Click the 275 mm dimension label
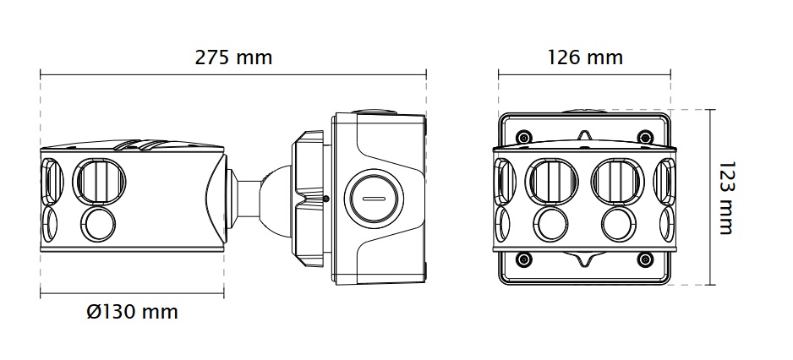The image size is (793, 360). (x=233, y=57)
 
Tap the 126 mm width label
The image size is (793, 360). (x=585, y=57)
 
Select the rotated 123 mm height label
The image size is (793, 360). (x=725, y=199)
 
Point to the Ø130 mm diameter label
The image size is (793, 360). (x=133, y=312)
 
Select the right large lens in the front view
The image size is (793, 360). (x=616, y=180)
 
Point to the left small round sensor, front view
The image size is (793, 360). (x=550, y=224)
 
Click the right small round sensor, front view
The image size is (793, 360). (x=616, y=224)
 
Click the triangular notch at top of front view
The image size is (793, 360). (x=584, y=135)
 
